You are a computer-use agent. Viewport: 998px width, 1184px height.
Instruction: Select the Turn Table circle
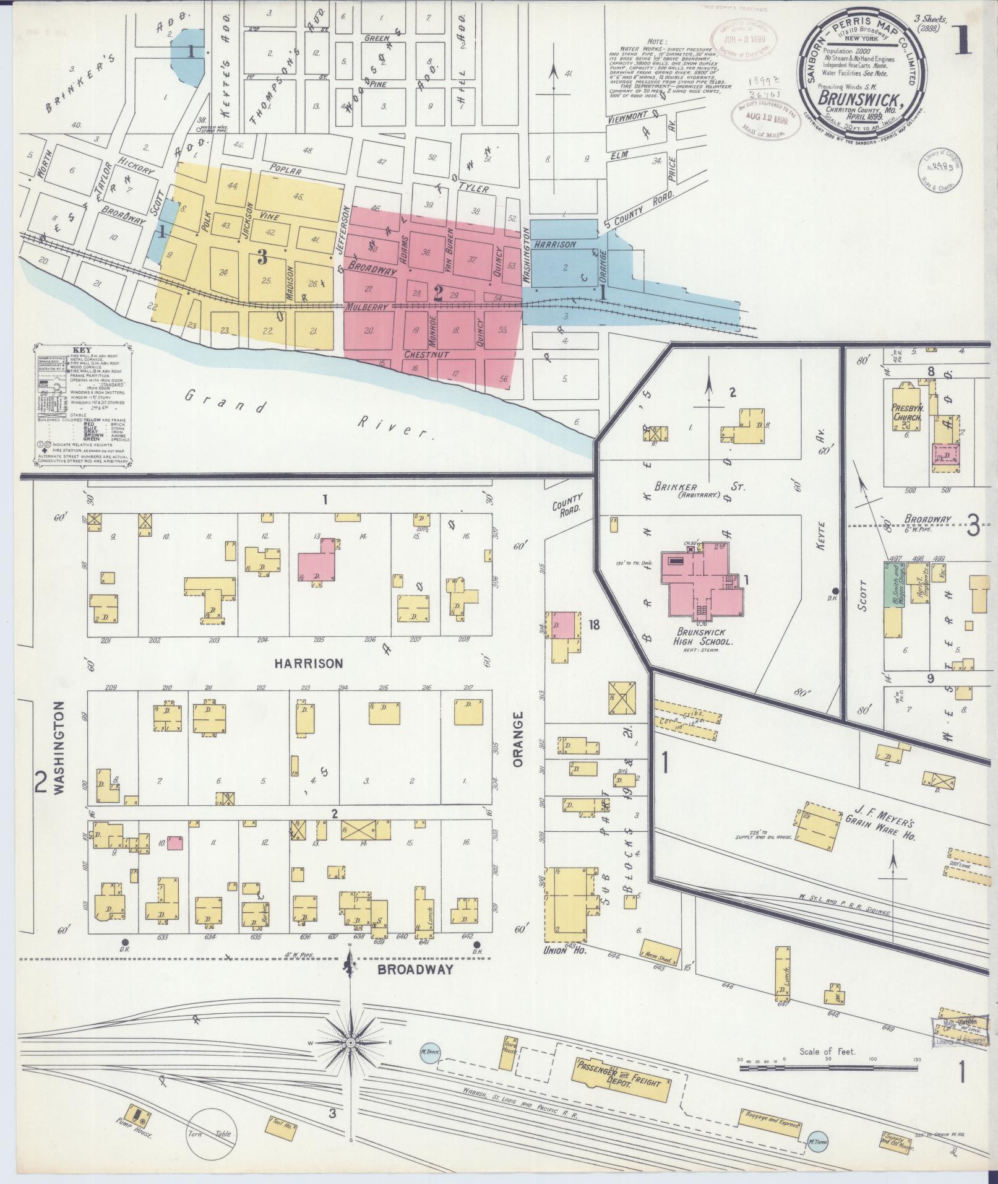(x=212, y=1133)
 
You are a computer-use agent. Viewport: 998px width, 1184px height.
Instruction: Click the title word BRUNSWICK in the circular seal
(x=856, y=99)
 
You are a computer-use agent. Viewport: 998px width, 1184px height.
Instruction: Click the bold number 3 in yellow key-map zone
(x=262, y=255)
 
